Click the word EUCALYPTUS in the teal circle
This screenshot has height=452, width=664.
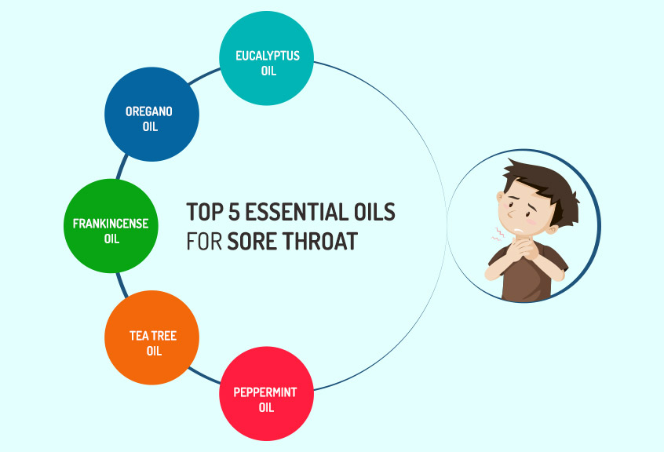click(x=268, y=56)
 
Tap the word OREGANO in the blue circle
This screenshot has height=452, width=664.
click(x=149, y=111)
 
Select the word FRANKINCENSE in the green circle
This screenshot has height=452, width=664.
click(x=111, y=224)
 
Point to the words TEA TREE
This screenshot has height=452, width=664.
click(x=153, y=336)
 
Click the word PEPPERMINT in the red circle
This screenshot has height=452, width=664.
click(x=265, y=392)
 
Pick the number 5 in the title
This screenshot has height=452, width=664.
click(x=234, y=212)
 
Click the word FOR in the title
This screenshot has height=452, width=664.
click(x=204, y=241)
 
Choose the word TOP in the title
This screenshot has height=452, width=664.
click(x=205, y=212)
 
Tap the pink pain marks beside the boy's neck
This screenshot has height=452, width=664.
click(x=498, y=233)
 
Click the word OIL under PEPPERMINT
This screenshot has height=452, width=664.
click(x=266, y=407)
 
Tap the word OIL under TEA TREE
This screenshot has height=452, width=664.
click(x=154, y=351)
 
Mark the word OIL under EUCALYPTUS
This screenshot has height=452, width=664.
click(x=269, y=71)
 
